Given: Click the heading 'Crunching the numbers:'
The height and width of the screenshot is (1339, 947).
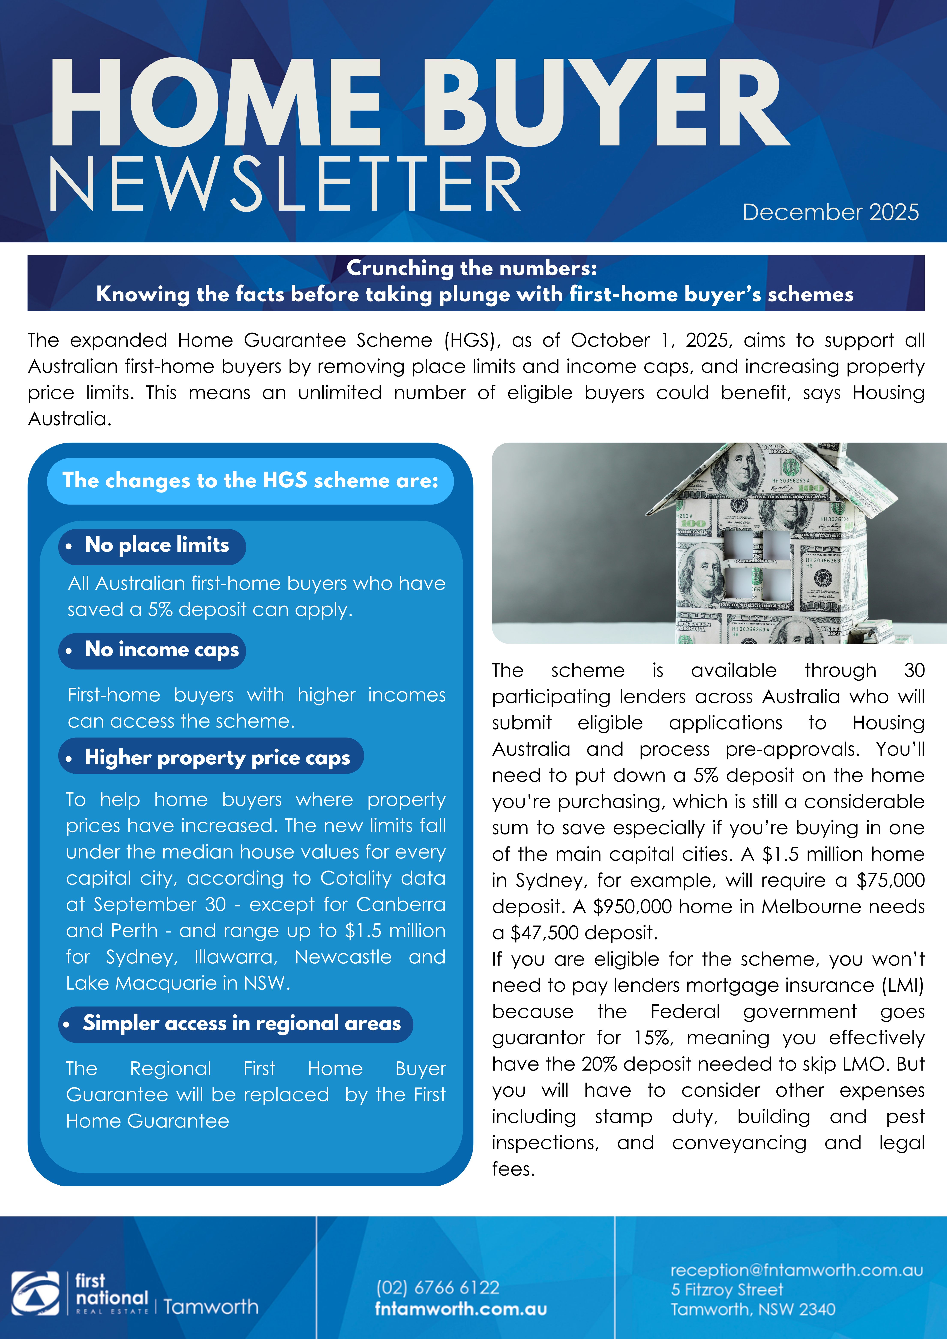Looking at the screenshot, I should [x=471, y=268].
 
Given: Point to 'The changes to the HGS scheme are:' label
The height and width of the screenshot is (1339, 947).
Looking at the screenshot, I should [x=250, y=481].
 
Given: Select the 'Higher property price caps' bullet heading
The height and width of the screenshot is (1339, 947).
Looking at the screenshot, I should [x=217, y=758].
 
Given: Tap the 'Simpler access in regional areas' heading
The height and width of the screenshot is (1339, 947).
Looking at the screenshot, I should [x=242, y=1023].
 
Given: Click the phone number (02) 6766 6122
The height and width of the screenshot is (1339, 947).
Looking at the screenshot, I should [x=438, y=1287].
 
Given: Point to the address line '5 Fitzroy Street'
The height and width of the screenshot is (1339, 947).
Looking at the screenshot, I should [x=727, y=1290].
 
